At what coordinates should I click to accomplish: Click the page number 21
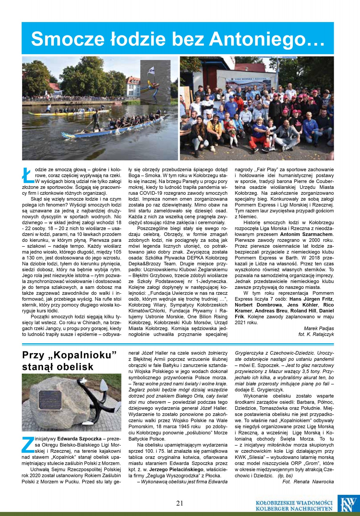click(180, 503)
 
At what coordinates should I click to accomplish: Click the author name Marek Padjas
click(319, 328)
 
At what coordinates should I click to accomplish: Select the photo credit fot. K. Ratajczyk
click(316, 334)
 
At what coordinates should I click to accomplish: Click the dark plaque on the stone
click(51, 400)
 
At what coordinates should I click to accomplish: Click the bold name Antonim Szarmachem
click(306, 234)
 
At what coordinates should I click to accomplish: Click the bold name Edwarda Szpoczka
click(79, 439)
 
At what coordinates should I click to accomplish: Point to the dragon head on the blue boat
click(68, 136)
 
